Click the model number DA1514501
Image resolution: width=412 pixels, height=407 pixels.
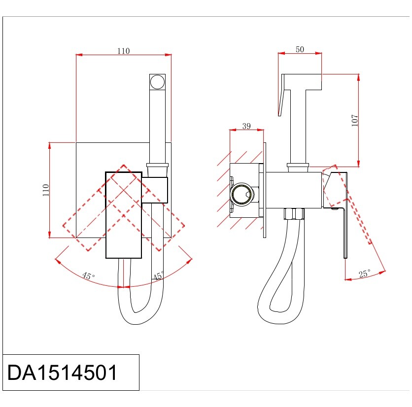[62, 373]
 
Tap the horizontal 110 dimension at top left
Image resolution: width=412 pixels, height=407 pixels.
[124, 51]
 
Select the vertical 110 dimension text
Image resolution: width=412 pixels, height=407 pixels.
[46, 190]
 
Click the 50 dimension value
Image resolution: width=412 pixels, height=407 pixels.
[300, 49]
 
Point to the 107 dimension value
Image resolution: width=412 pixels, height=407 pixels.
[355, 121]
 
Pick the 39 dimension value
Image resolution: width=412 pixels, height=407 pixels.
[246, 126]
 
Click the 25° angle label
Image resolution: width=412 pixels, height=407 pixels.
[365, 273]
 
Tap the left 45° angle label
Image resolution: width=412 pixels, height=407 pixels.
[89, 275]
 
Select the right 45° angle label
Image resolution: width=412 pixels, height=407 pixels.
[158, 275]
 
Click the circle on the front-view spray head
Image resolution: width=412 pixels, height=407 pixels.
[157, 82]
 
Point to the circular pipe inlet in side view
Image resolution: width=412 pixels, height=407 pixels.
[242, 195]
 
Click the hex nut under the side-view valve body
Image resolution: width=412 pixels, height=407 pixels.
[294, 214]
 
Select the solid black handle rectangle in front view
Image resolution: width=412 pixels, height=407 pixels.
[124, 215]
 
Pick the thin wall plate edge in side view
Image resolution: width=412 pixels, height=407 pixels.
[265, 190]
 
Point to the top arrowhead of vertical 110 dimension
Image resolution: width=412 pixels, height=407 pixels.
[49, 146]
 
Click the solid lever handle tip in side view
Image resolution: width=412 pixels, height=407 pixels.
[345, 256]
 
